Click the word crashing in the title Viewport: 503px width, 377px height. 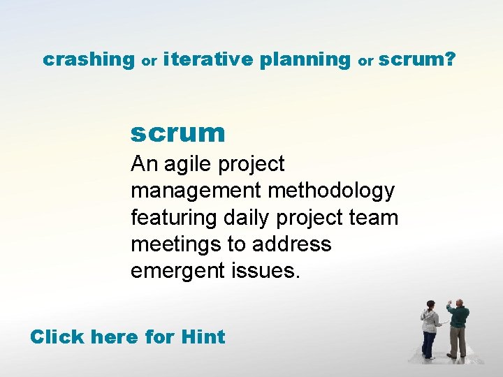click(x=88, y=60)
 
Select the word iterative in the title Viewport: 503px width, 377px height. click(x=207, y=60)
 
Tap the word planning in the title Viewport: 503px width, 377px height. click(x=305, y=61)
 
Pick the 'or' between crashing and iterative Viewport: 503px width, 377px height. click(x=149, y=61)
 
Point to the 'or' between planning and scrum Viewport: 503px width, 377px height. click(x=365, y=61)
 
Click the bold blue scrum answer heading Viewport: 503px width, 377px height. click(x=177, y=132)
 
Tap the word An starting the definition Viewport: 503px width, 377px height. click(x=144, y=164)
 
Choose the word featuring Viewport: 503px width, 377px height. click(x=174, y=218)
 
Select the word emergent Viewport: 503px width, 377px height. click(x=177, y=271)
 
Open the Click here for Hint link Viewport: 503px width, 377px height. click(x=127, y=337)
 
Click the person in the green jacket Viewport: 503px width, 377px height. click(x=458, y=328)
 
